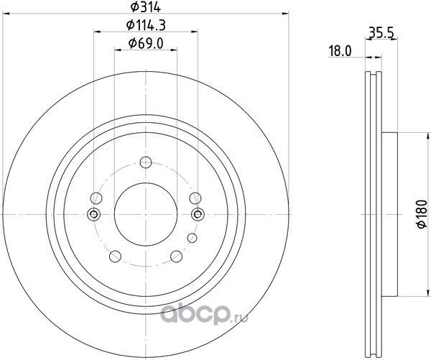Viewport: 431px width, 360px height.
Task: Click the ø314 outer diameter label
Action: [x=146, y=6]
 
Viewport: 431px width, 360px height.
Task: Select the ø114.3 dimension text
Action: [x=146, y=26]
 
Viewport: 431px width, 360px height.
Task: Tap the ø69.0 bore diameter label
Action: [x=146, y=43]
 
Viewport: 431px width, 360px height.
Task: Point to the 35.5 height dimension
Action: [x=381, y=33]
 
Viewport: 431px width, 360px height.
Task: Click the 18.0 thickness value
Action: [x=340, y=51]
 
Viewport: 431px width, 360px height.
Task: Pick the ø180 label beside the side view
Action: [x=422, y=214]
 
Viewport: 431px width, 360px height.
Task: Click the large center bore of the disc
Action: [x=146, y=214]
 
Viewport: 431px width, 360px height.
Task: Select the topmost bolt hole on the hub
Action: [x=146, y=162]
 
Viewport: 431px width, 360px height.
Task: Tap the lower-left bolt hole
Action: [x=115, y=257]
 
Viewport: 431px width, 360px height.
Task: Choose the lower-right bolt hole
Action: [x=176, y=257]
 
